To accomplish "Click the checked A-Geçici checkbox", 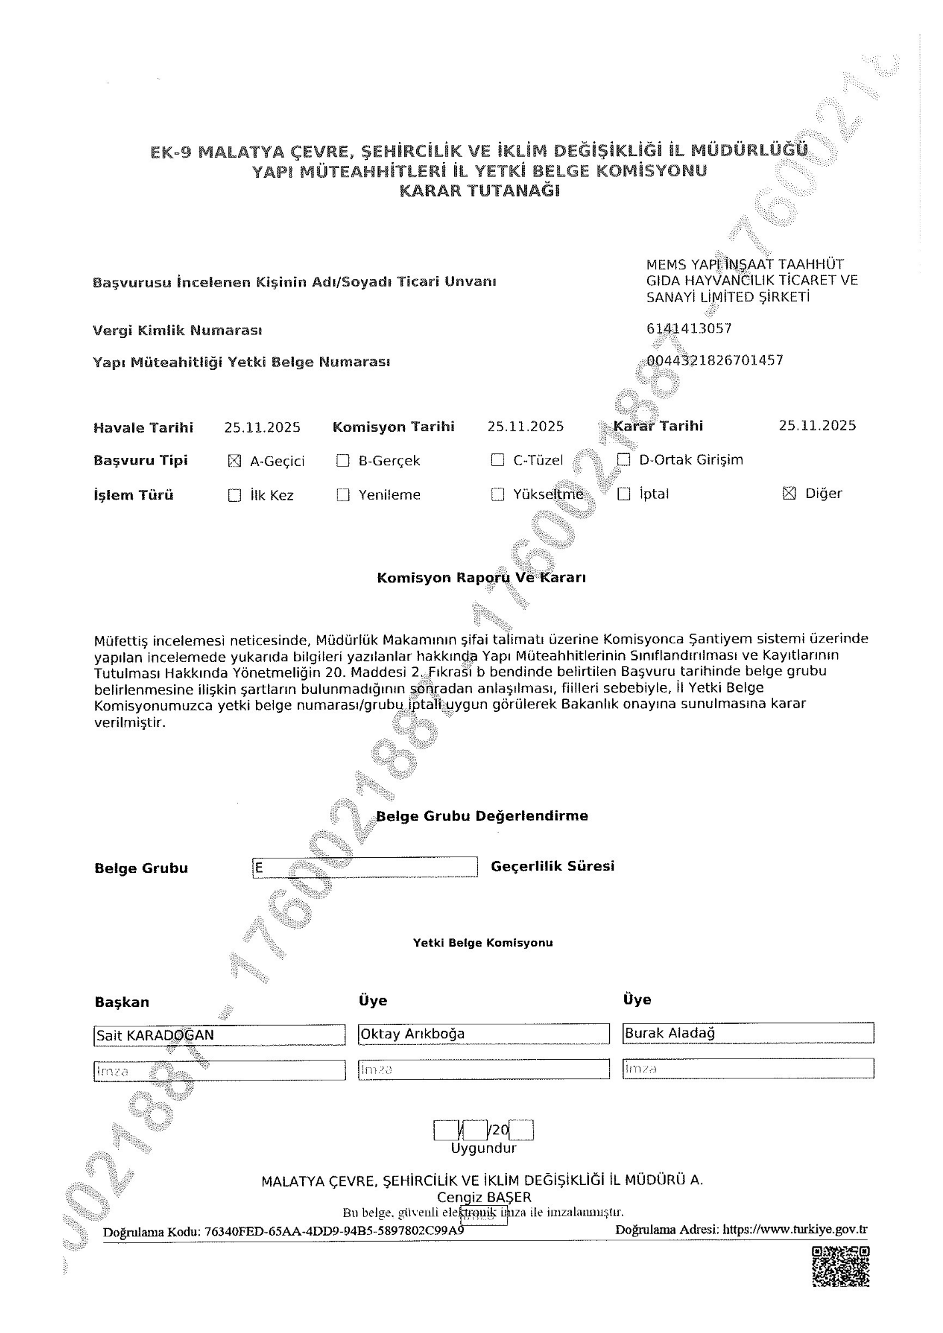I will tap(234, 461).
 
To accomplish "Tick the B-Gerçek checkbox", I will tap(343, 461).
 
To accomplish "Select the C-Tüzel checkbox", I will tap(498, 460).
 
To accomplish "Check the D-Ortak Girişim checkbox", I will tap(624, 459).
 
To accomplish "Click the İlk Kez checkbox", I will tap(234, 495).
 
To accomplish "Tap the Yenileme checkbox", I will tap(343, 495).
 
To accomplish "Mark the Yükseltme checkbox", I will tap(498, 494).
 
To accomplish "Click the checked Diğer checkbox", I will tap(789, 493).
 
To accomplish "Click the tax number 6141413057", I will tap(689, 329).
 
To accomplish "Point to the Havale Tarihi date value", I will tap(262, 427).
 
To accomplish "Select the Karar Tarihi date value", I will tap(817, 425).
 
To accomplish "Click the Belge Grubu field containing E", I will tap(365, 867).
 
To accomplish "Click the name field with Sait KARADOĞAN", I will tap(219, 1035).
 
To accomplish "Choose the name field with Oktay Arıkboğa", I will tap(484, 1034).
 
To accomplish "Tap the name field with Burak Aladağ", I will tap(748, 1033).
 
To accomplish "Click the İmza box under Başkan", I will tap(219, 1070).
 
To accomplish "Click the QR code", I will tap(840, 1267).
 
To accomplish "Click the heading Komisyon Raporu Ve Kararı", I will tap(481, 578).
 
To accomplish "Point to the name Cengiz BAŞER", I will tap(484, 1197).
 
